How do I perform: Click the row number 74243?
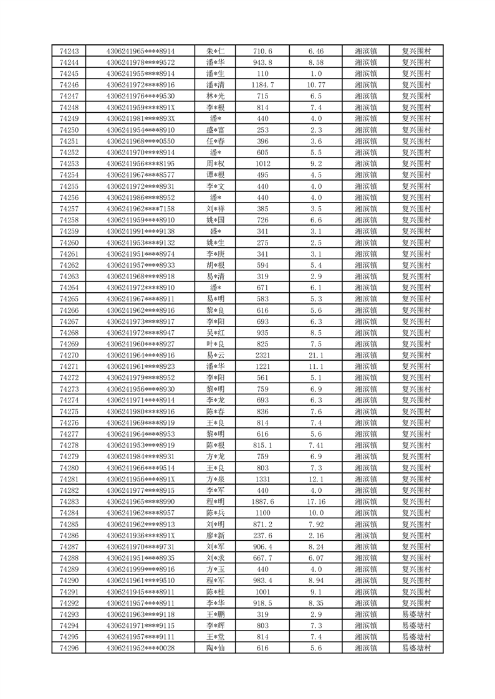pos(69,51)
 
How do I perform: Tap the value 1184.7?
pos(262,85)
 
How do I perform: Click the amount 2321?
pos(262,355)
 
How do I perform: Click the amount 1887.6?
pos(262,502)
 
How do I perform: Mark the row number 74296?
pos(69,648)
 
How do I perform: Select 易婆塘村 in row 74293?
pos(416,614)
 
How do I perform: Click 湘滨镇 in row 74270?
pos(365,355)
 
